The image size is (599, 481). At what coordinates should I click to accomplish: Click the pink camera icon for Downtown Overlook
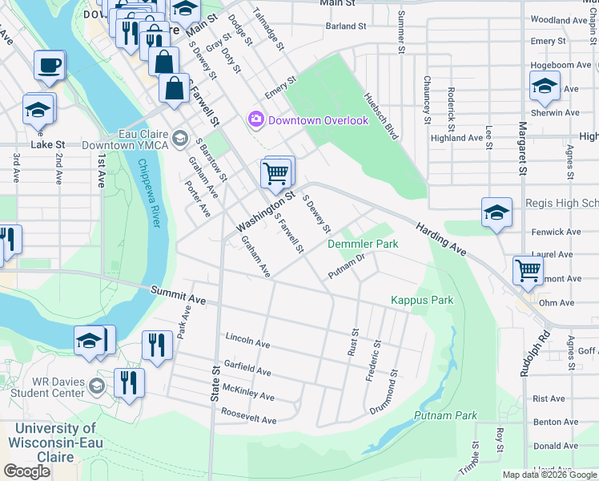[256, 120]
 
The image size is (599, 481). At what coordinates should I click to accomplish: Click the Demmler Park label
[363, 243]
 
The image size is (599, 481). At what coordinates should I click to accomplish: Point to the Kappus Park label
[421, 301]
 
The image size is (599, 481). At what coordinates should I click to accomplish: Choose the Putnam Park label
[445, 415]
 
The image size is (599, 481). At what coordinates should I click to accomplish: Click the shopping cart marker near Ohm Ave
[528, 270]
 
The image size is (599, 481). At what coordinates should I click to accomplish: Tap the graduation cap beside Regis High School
[496, 212]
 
